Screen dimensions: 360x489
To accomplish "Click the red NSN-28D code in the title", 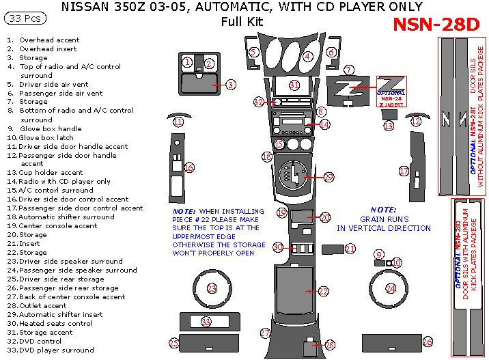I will [x=436, y=25].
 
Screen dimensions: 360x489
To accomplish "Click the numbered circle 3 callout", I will [x=231, y=85].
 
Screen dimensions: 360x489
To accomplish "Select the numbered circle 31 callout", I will [x=294, y=85].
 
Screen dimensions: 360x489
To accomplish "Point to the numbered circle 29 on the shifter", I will [x=329, y=178].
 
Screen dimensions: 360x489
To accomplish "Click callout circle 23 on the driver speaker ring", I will [x=212, y=288].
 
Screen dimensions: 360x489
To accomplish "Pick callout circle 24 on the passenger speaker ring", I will [x=391, y=288].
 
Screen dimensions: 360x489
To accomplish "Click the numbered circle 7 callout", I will [x=349, y=70].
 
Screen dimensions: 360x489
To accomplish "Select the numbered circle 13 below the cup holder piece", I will [x=389, y=126].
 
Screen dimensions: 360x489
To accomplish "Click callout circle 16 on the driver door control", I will [x=189, y=167].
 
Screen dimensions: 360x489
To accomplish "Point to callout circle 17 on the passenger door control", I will [x=404, y=171].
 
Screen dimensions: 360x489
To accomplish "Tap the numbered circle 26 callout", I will [x=428, y=341].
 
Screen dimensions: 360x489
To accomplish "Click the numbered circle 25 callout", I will [x=174, y=342].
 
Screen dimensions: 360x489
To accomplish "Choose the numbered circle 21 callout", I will [x=350, y=249].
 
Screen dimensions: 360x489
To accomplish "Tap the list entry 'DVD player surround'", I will [x=58, y=350].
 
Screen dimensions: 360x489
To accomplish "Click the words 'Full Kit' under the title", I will [x=242, y=21].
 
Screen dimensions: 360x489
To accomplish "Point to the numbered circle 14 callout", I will [x=324, y=124].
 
